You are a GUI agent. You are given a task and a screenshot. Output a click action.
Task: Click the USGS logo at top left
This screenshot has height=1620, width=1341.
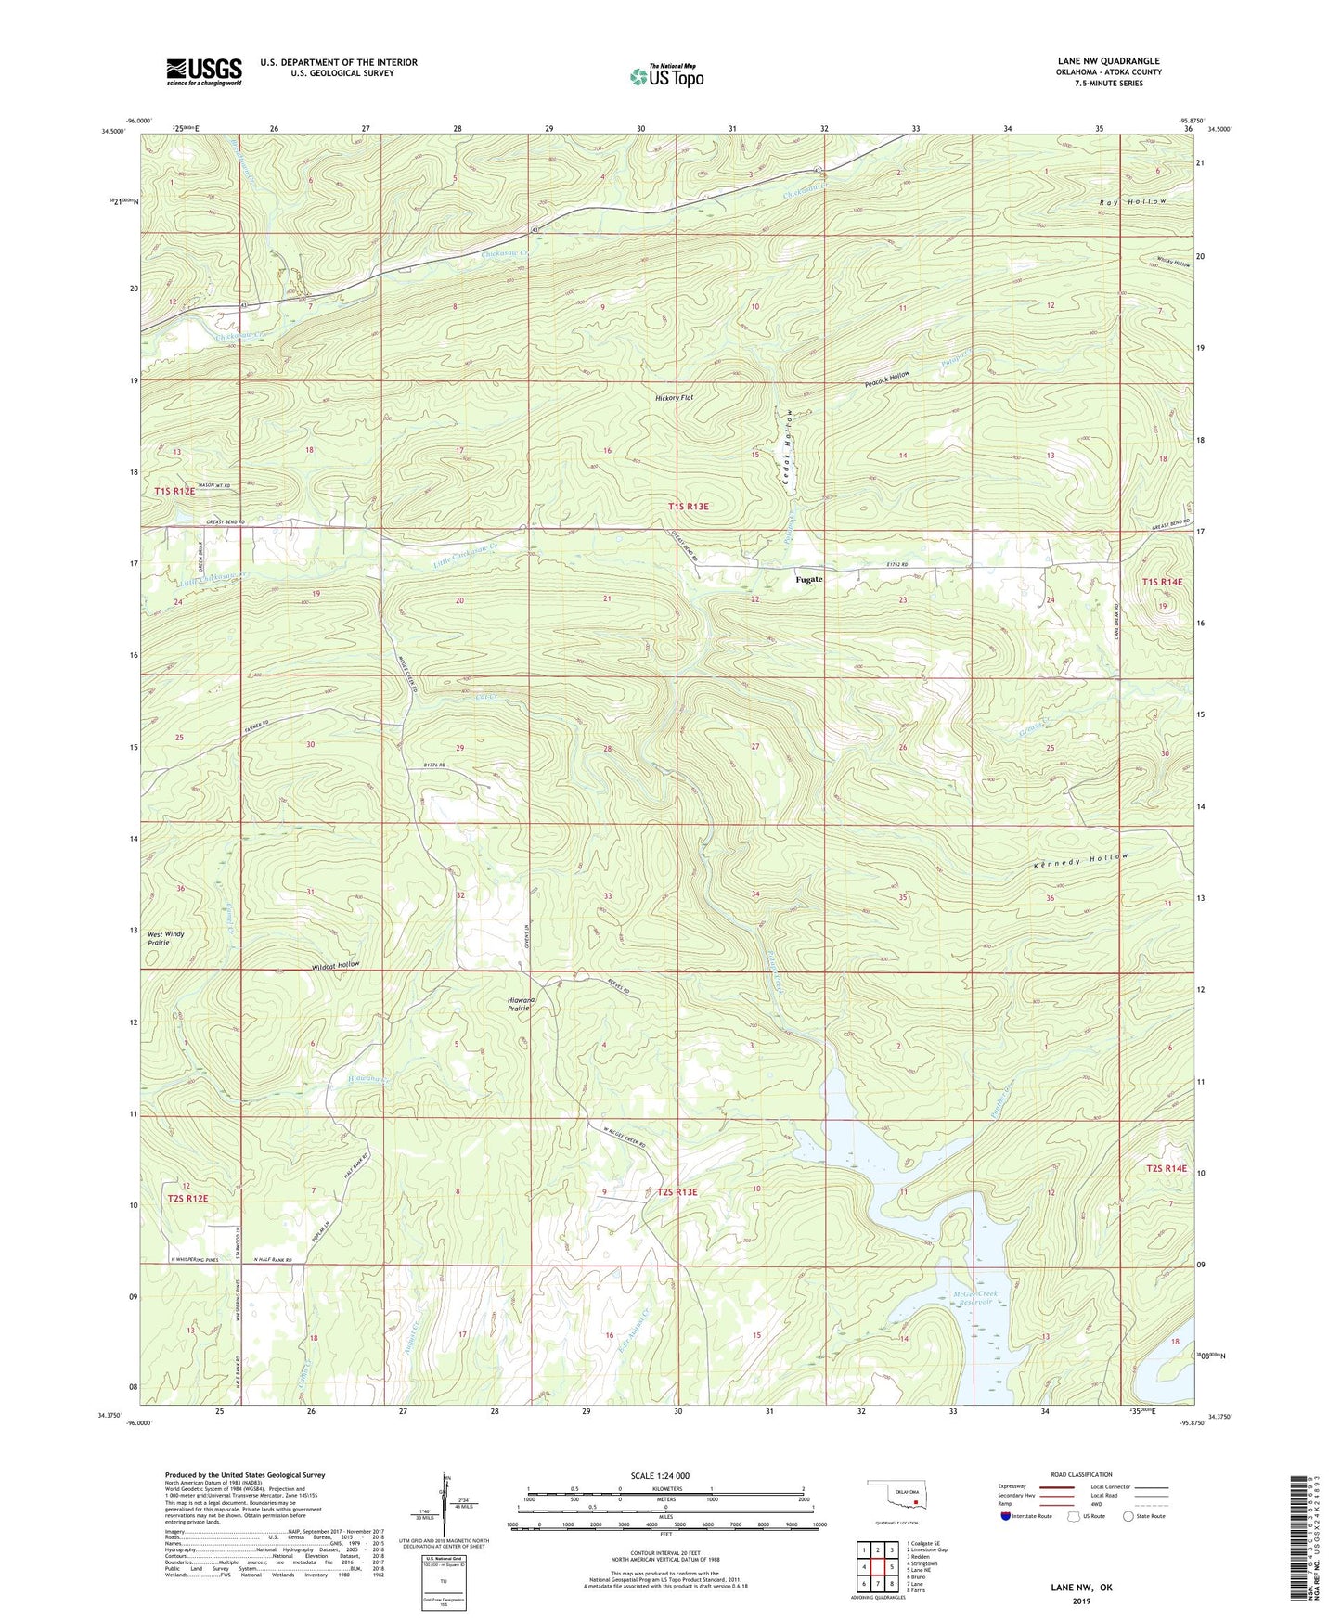coord(203,71)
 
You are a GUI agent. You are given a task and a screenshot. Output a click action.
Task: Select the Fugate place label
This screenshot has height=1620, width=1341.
coord(808,579)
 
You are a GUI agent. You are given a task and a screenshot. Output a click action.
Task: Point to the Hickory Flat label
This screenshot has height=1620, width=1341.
coord(674,398)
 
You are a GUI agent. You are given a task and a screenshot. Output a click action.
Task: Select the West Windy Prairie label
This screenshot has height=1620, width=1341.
coord(166,937)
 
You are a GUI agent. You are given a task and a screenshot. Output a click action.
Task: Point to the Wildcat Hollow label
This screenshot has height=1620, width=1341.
coord(335,966)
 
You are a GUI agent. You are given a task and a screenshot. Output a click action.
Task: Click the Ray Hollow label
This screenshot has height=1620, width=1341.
coord(1131,201)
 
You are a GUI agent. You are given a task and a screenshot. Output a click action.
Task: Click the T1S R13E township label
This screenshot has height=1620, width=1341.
coord(688,507)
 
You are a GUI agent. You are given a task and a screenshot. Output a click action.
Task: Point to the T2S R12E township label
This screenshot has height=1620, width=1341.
coord(188,1199)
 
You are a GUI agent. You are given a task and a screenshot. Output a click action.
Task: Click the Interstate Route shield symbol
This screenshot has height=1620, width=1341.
coord(1005,1516)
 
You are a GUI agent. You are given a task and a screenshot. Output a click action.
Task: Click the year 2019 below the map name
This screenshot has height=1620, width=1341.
coord(1081,1601)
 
